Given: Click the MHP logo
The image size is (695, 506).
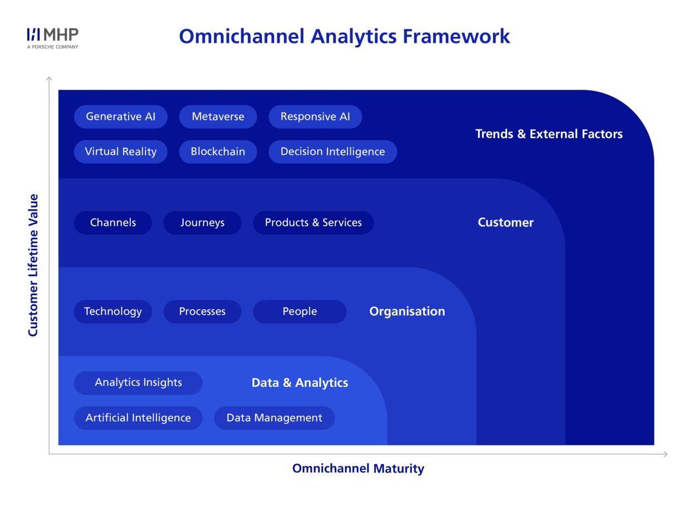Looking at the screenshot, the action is click(x=53, y=38).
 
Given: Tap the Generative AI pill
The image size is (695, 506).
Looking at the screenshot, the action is click(x=121, y=117).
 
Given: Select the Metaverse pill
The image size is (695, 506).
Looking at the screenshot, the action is click(x=218, y=117).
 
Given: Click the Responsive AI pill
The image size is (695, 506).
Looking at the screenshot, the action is click(x=315, y=117).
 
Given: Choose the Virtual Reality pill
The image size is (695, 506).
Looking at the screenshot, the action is click(x=121, y=152).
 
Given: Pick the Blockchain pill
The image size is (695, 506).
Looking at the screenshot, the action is click(x=218, y=152).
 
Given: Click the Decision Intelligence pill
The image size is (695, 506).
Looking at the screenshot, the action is click(x=332, y=152).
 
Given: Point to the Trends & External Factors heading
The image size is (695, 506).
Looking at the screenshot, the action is click(x=549, y=134).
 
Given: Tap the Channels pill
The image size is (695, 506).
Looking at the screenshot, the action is click(x=113, y=223).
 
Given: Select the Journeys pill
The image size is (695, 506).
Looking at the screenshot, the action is click(x=202, y=223).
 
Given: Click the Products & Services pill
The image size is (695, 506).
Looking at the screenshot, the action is click(x=314, y=223).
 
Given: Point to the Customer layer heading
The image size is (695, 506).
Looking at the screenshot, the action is click(x=506, y=222).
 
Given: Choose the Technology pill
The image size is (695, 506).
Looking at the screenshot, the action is click(x=113, y=312).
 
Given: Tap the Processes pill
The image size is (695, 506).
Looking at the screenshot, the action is click(x=202, y=312).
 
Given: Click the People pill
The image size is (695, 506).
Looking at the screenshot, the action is click(x=300, y=312).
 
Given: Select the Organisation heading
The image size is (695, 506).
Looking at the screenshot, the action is click(x=407, y=312).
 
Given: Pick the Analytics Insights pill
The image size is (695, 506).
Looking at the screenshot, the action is click(x=138, y=383).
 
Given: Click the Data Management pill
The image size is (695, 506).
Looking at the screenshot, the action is click(x=275, y=418).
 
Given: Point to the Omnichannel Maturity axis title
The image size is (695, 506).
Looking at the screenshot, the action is click(x=358, y=469).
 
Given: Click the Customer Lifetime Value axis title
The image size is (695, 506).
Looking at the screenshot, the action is click(x=33, y=265).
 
